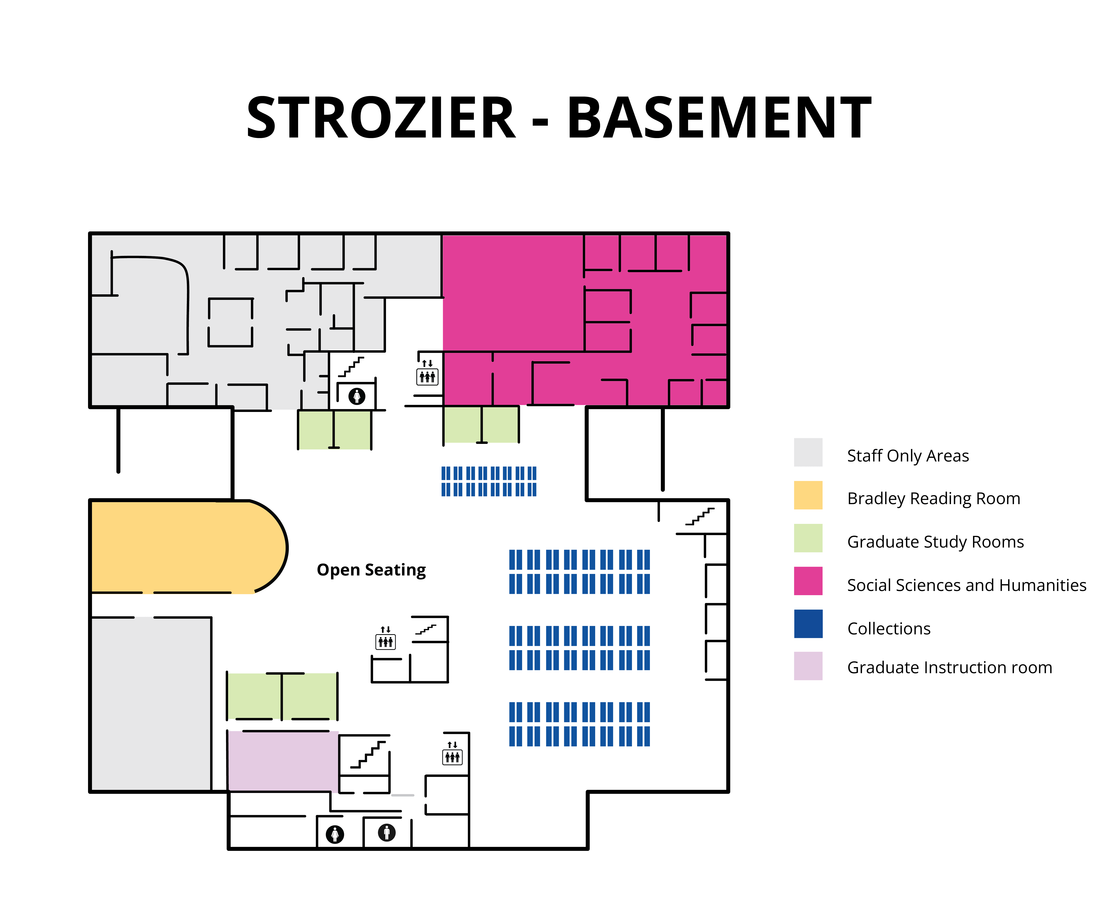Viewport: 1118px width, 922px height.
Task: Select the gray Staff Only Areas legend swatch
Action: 808,452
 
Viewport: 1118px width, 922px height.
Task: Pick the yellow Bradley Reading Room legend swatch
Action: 808,495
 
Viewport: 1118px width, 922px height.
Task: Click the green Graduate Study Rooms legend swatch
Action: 808,538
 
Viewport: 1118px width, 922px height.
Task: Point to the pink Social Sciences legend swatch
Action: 808,581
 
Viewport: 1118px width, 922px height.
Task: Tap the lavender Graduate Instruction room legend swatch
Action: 808,666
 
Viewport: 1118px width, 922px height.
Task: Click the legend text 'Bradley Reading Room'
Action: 934,499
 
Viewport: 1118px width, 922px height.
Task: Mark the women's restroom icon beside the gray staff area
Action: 357,396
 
